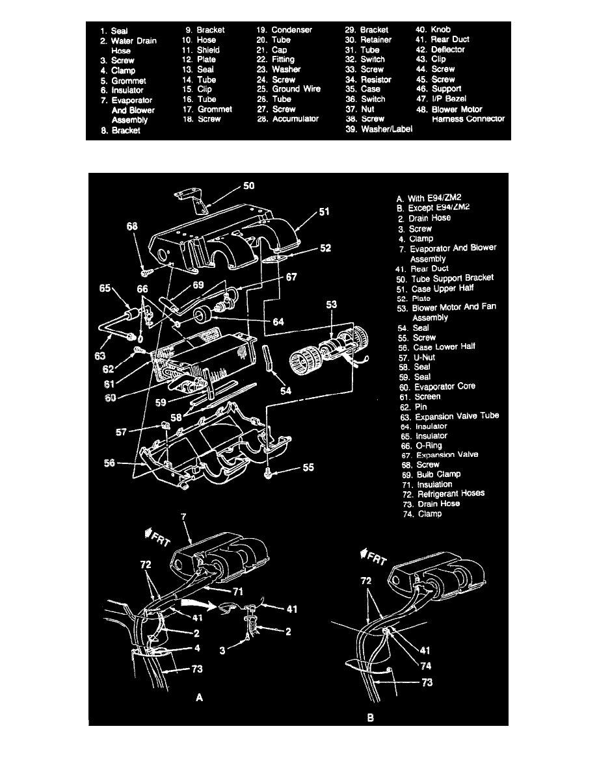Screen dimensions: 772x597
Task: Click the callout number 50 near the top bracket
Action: click(249, 185)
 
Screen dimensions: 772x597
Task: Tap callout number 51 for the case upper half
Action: click(324, 212)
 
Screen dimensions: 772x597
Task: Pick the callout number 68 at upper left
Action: click(133, 227)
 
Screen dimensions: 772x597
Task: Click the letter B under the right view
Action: click(369, 719)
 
